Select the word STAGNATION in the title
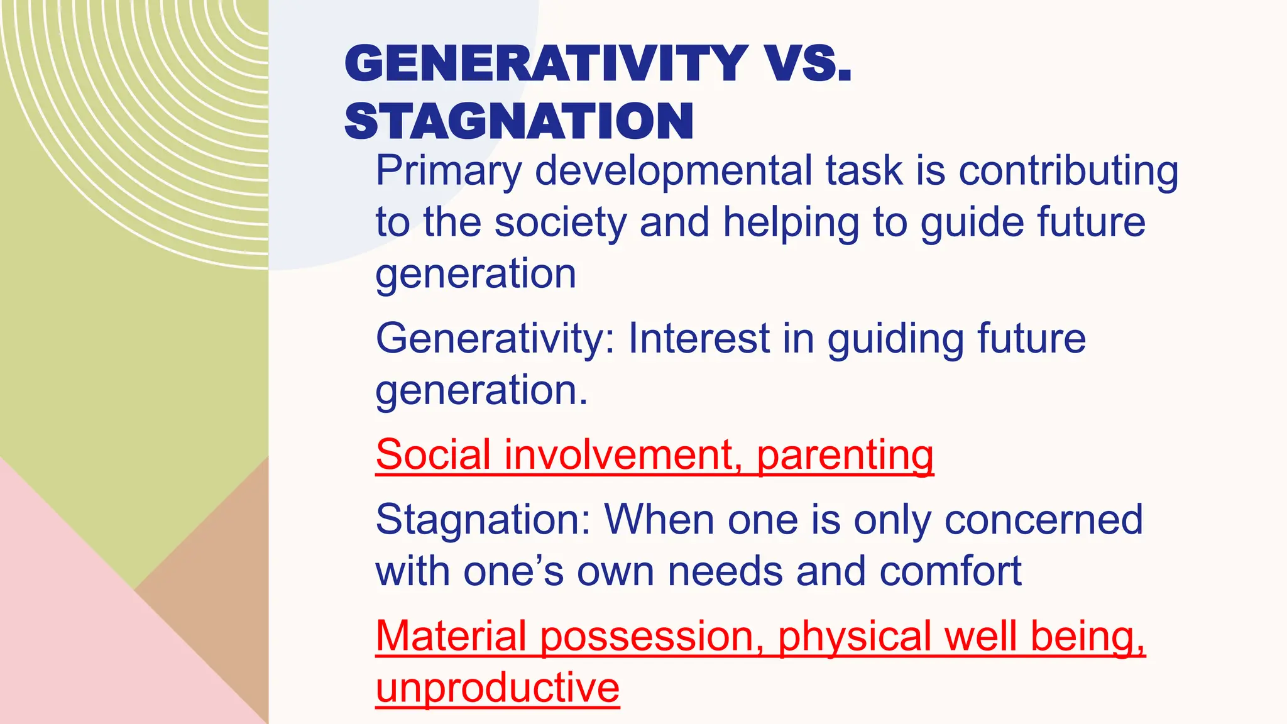tap(519, 121)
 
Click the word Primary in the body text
tap(449, 172)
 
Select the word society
tap(561, 223)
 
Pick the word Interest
tap(699, 339)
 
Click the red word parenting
tap(845, 456)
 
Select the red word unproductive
tap(497, 689)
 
